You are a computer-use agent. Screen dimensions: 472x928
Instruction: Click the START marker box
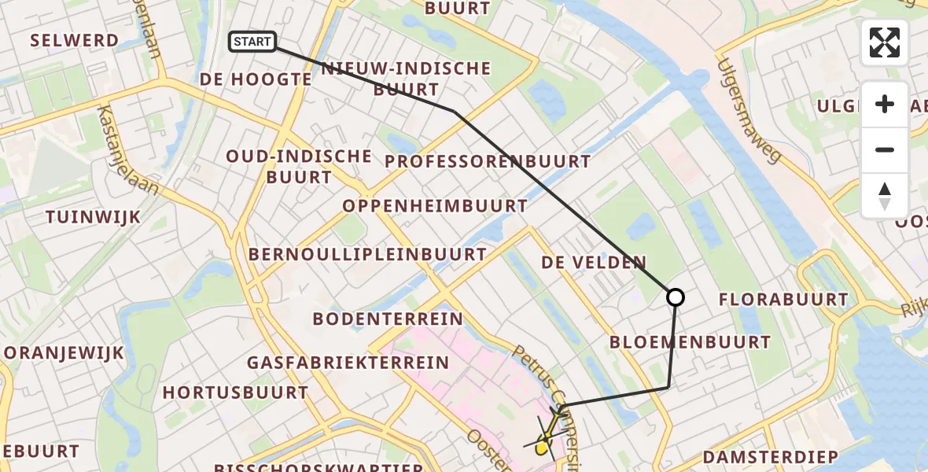coord(252,42)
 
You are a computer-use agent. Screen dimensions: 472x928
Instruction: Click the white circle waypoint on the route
coord(675,297)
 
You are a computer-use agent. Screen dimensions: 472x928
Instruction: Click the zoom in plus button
coord(885,104)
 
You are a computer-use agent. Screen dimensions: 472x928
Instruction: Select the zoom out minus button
coord(885,149)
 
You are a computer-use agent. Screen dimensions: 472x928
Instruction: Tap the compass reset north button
coord(885,195)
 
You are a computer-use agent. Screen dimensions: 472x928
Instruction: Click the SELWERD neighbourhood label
coord(74,40)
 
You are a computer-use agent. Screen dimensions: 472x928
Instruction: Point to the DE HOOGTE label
coord(256,79)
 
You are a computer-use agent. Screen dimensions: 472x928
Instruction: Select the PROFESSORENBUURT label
coord(488,162)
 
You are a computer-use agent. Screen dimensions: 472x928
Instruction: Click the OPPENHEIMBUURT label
coord(435,206)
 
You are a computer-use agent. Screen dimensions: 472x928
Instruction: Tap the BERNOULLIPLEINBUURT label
coord(367,255)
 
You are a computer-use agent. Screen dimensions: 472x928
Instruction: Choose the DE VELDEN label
coord(594,263)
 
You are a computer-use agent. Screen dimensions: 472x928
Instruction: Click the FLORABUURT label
coord(783,300)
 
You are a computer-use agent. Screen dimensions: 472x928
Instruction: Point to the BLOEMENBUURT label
coord(690,342)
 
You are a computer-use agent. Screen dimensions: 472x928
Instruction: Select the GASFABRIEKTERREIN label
coord(348,363)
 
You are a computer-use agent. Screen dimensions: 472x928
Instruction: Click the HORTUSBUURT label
coord(235,392)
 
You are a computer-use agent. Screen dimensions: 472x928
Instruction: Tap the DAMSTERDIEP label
coord(770,457)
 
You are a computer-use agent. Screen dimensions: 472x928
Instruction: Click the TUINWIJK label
coord(93,217)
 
